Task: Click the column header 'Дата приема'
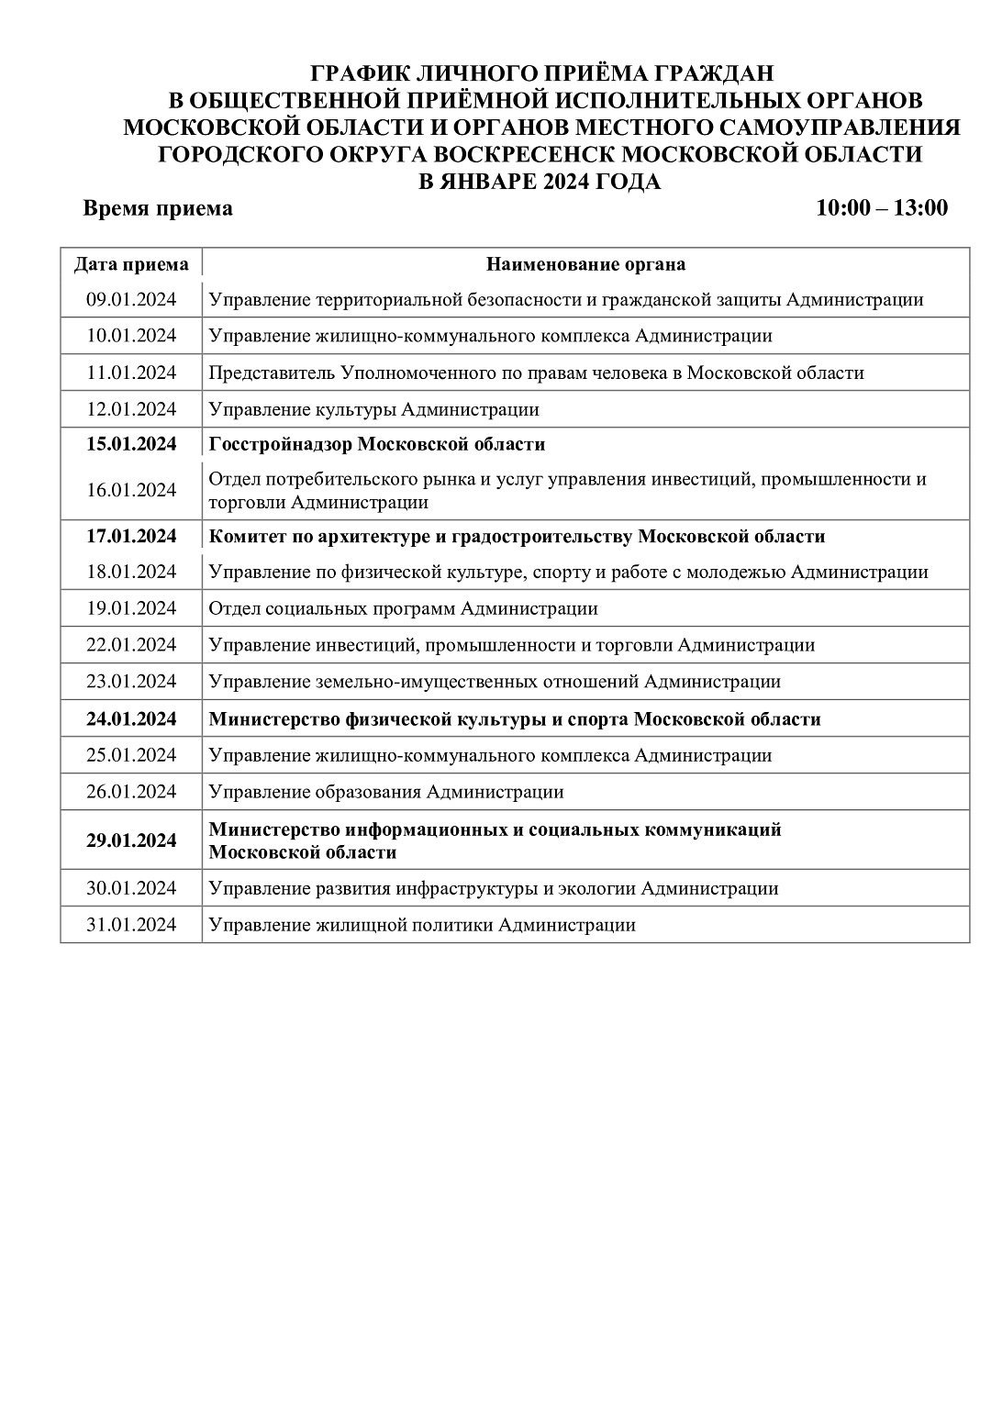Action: (131, 265)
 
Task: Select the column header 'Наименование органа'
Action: (585, 265)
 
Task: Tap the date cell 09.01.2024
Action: (131, 299)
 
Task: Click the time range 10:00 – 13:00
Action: (881, 208)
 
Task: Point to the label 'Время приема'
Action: (158, 208)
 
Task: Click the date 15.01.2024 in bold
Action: (131, 445)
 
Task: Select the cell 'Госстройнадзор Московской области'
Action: (377, 445)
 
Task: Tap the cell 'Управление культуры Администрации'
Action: (373, 409)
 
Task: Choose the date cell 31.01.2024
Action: (131, 925)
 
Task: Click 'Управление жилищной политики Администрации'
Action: (422, 925)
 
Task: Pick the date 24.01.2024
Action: (131, 719)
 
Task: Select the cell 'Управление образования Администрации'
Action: (386, 792)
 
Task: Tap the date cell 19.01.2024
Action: (131, 608)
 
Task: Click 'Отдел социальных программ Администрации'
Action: (403, 608)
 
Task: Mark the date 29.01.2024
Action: (131, 840)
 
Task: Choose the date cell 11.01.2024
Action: (131, 373)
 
